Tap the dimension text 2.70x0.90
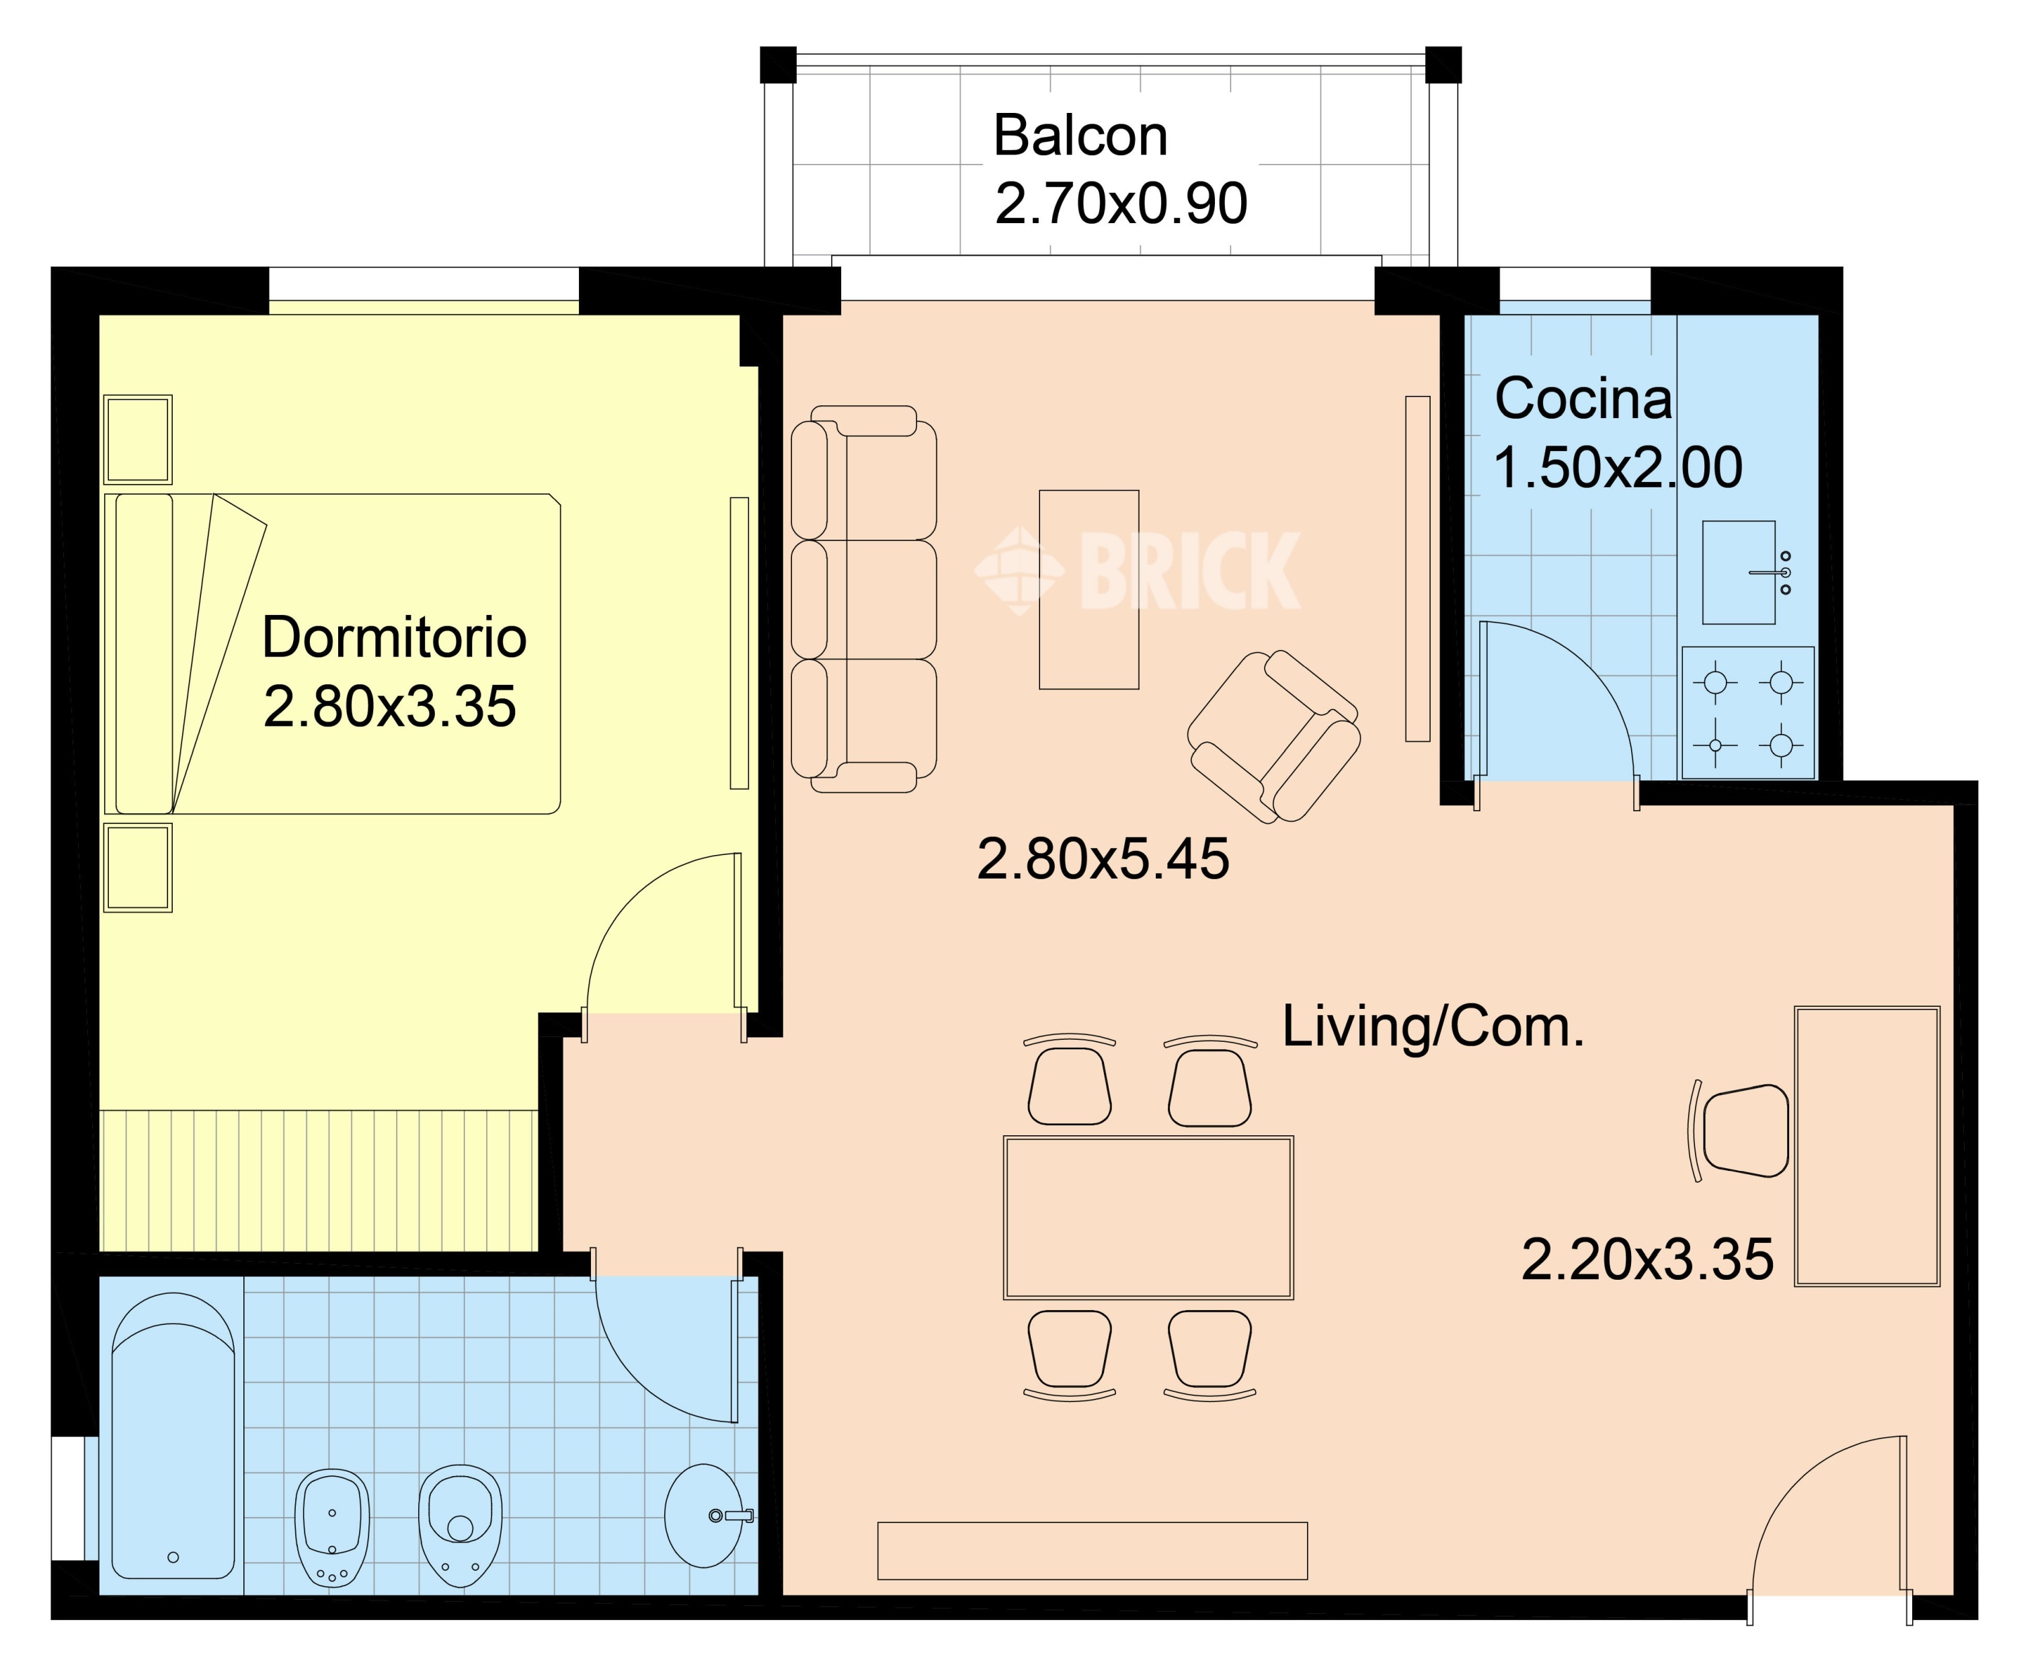1121,204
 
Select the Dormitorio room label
394,638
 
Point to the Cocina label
1583,399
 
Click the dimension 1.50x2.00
1618,468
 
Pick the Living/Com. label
1433,1026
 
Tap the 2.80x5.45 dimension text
1103,858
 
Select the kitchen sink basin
1739,573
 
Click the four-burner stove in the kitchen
1748,712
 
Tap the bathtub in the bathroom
173,1436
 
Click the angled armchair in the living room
1273,736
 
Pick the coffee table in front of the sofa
1089,589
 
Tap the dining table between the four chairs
1149,1218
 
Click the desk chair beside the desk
1739,1131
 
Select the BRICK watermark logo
1138,571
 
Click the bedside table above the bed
139,439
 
